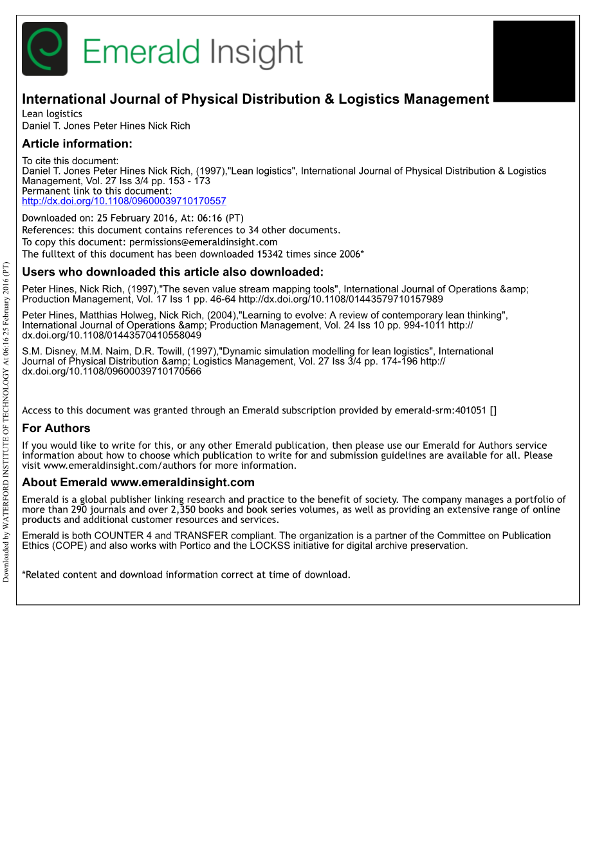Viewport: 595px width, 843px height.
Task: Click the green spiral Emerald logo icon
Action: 44,49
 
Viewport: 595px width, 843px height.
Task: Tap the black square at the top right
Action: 534,61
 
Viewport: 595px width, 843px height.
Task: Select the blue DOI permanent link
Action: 124,201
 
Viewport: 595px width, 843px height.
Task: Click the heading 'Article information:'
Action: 77,144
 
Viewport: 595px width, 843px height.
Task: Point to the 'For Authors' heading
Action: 56,428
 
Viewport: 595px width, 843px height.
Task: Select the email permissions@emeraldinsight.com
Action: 203,242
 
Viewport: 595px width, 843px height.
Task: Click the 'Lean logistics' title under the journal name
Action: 52,114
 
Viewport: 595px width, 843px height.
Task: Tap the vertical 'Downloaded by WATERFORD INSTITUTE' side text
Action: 6,422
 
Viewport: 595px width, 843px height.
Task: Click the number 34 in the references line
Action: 253,230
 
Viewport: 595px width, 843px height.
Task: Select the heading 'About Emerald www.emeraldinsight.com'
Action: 138,482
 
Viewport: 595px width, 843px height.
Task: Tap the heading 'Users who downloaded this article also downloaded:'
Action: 172,272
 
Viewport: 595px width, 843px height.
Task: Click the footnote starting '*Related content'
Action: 186,574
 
